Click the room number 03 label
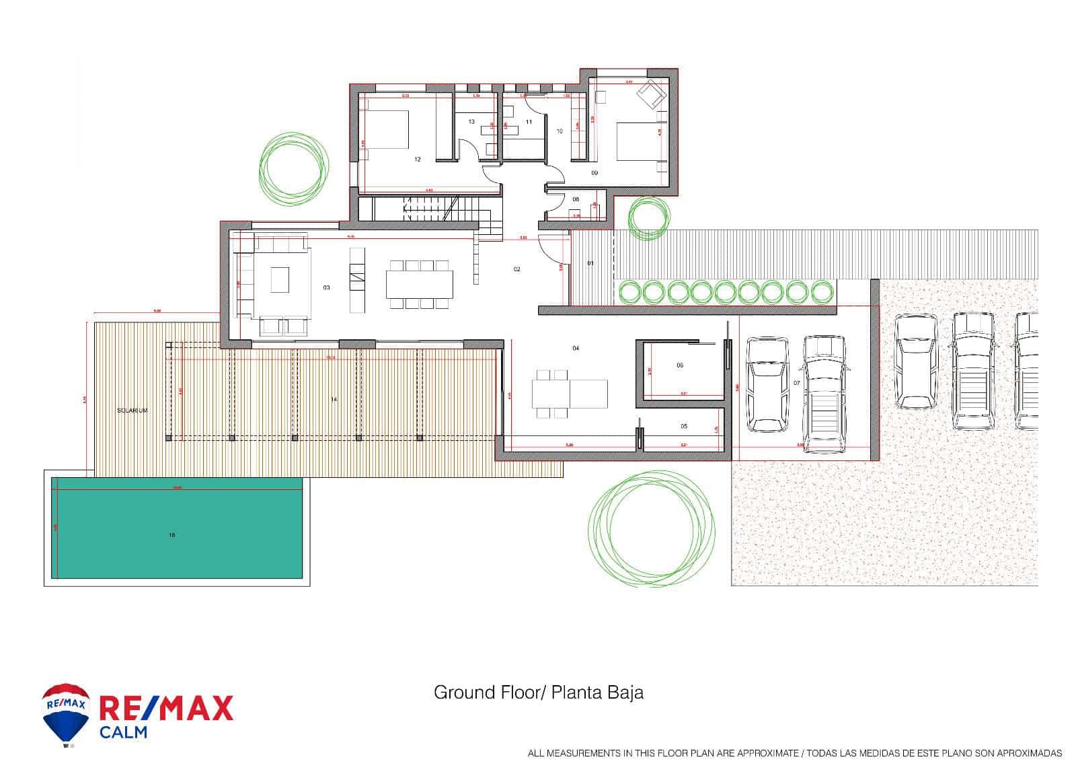pos(326,288)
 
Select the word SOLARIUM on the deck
pos(132,410)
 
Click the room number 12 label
pos(417,160)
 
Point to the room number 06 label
pos(680,365)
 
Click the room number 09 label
pos(594,173)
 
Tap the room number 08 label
pos(576,200)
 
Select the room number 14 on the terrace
pos(334,400)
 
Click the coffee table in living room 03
pos(280,279)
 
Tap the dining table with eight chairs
pos(419,284)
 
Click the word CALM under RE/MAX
pos(123,732)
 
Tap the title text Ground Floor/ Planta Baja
pos(538,693)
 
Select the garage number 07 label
pos(797,383)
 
